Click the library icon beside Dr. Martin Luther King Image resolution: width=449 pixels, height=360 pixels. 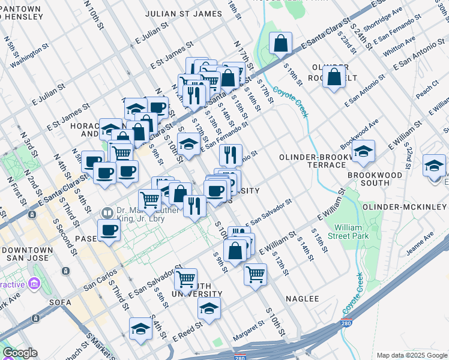point(107,212)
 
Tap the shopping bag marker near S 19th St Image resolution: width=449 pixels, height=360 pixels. point(281,43)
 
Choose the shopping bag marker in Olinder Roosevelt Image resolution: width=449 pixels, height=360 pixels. point(334,77)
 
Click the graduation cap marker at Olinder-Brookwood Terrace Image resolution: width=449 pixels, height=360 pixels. point(363,151)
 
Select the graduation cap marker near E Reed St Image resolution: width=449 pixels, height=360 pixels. point(140,328)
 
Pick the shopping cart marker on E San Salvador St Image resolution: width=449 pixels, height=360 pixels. point(186,278)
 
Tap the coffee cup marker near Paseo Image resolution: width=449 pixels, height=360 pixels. point(109,230)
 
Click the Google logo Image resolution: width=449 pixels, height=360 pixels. point(20,353)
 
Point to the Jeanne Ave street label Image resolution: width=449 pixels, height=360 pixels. point(420,245)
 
